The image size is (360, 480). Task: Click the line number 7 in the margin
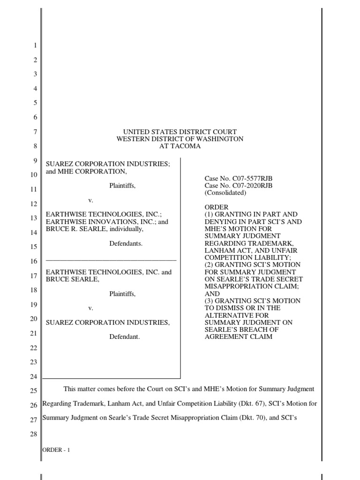[35, 132]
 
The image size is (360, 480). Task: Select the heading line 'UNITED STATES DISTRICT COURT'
[180, 132]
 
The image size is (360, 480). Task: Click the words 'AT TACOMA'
[180, 146]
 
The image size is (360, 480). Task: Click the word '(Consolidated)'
[225, 193]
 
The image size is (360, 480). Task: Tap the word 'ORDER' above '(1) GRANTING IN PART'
[217, 207]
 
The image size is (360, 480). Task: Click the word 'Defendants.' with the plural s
[126, 244]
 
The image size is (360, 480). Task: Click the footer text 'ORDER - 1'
[56, 450]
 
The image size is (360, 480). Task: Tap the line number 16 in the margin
[33, 261]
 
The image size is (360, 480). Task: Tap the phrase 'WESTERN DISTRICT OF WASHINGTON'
[180, 139]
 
